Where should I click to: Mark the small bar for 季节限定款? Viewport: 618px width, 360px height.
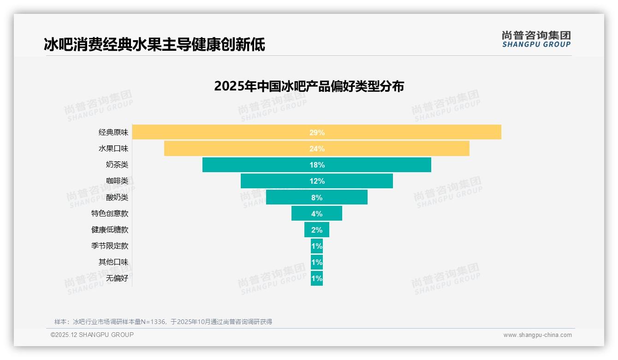[317, 246]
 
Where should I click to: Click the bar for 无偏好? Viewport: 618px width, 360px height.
[317, 278]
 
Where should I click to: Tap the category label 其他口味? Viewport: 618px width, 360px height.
[113, 262]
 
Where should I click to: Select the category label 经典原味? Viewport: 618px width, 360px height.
[113, 132]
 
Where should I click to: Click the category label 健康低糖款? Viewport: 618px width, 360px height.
[110, 230]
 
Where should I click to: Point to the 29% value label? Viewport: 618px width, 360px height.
[317, 132]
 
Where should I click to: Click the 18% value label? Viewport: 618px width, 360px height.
[317, 165]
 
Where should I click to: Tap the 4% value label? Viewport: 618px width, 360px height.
[317, 214]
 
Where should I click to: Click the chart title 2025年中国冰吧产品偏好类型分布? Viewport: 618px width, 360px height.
[309, 86]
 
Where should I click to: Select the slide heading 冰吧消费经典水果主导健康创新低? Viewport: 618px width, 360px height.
[154, 45]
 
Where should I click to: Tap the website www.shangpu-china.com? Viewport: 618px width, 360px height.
[537, 335]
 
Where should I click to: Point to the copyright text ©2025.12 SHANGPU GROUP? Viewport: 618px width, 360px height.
[92, 335]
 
